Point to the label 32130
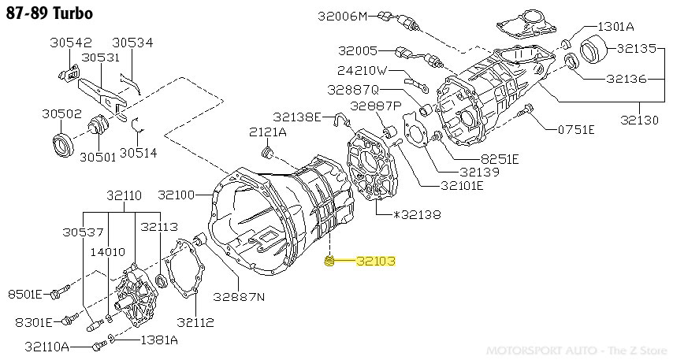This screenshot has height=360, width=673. [639, 121]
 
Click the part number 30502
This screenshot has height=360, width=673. [62, 113]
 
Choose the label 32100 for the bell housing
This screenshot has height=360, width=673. [177, 195]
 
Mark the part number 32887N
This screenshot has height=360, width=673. [239, 296]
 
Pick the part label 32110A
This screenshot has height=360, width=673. [46, 347]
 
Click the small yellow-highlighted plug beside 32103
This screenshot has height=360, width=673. [331, 262]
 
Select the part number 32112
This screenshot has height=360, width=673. [195, 323]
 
